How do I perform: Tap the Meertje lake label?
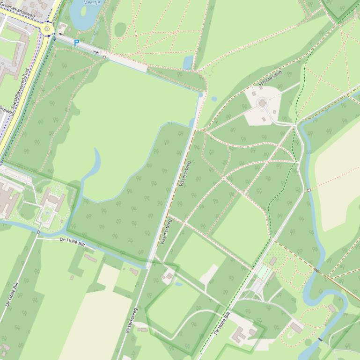pos(91,2)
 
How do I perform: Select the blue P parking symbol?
pos(77,43)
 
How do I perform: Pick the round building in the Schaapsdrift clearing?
pos(262,102)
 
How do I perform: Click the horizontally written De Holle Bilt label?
pos(72,241)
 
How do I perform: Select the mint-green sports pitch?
pos(264,273)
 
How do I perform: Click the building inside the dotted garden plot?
pos(273,260)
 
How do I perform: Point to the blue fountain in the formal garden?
pos(47,213)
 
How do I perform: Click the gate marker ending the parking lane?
pos(104,57)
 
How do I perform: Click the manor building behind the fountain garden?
pos(53,199)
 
